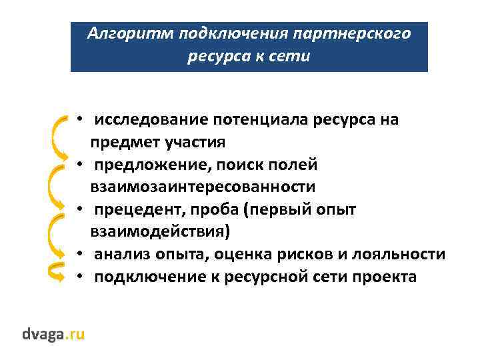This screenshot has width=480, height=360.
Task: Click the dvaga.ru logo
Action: [53, 333]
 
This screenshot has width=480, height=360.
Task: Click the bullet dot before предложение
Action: [79, 165]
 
